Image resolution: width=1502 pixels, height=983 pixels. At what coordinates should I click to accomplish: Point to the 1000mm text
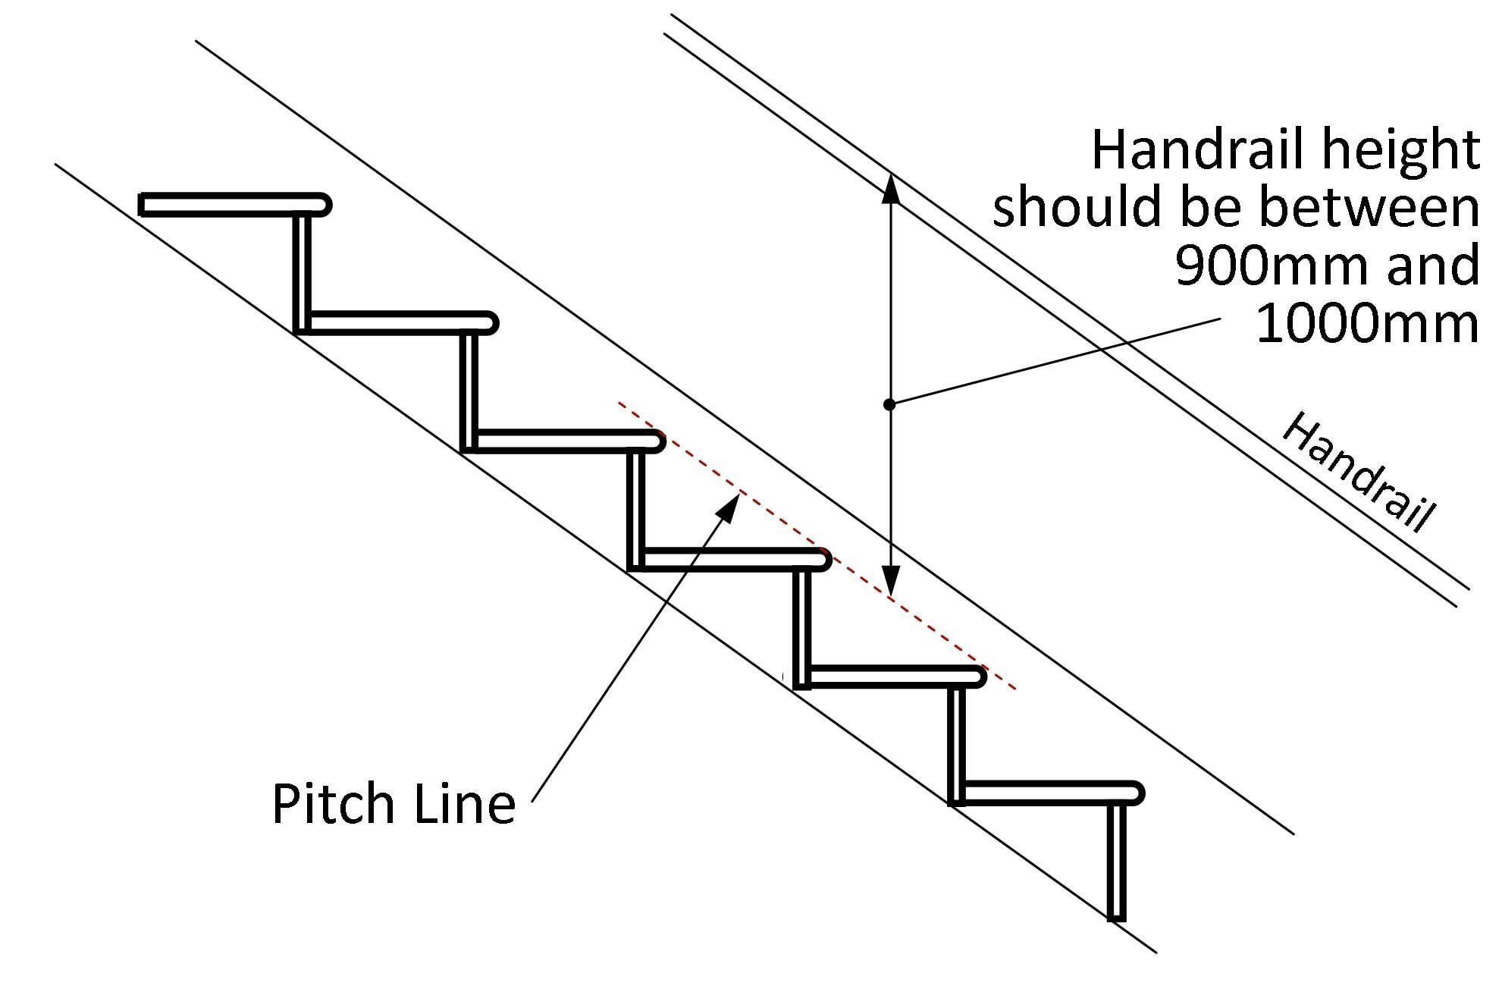coord(1368,323)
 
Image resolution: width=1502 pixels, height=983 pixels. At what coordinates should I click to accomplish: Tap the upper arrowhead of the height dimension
coord(892,190)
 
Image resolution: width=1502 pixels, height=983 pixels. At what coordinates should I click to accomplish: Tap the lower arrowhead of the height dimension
coord(892,579)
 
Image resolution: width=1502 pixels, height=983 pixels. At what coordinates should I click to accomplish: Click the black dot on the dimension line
coord(890,404)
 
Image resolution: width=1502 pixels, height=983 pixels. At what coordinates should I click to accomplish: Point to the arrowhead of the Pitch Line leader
coord(728,506)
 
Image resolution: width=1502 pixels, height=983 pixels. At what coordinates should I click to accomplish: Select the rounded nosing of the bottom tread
coord(1135,793)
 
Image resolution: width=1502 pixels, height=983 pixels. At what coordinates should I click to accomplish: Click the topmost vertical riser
coord(302,273)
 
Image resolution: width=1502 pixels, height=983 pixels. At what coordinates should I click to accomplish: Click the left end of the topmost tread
coord(142,205)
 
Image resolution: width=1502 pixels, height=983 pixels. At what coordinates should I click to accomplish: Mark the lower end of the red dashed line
coord(1014,689)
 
